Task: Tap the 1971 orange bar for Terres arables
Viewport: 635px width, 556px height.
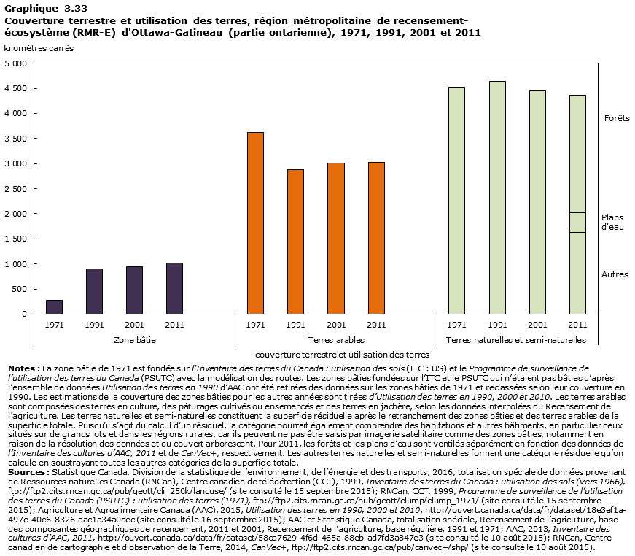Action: [x=255, y=223]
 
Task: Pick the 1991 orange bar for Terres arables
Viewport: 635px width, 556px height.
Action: [x=295, y=242]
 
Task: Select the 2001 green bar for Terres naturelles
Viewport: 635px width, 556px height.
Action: [x=537, y=202]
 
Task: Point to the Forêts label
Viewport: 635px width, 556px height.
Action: [x=616, y=118]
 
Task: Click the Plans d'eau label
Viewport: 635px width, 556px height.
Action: [x=612, y=223]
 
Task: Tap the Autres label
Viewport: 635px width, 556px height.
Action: [x=615, y=274]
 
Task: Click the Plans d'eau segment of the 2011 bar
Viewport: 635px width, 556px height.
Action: [x=577, y=223]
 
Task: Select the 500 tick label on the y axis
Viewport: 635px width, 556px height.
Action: [x=20, y=289]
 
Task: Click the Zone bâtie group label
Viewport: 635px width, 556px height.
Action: [x=135, y=340]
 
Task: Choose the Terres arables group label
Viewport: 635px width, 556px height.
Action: [x=336, y=340]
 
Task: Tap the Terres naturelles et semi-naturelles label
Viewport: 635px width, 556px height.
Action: [x=515, y=340]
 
